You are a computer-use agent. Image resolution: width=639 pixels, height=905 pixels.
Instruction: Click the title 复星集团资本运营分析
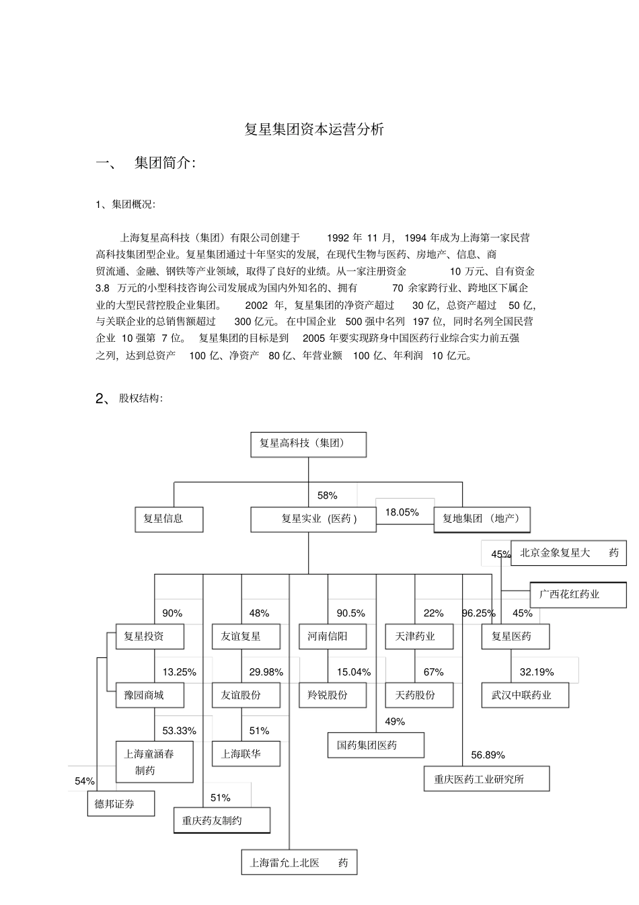(314, 129)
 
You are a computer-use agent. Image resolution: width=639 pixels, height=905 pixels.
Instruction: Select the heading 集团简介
(165, 163)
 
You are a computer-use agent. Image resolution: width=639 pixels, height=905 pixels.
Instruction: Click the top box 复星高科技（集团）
(308, 444)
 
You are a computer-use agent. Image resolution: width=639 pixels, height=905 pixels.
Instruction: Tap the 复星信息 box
(169, 519)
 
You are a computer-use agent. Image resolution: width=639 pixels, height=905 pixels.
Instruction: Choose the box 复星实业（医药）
(313, 519)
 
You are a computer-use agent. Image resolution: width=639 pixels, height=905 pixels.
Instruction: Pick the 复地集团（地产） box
(482, 519)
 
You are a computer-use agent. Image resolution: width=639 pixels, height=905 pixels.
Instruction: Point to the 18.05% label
(402, 512)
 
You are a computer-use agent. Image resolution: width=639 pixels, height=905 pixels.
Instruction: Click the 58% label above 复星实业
(327, 495)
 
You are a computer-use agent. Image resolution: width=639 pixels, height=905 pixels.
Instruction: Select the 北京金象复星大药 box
(568, 552)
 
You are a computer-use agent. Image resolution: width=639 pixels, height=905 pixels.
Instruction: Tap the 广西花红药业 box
(578, 595)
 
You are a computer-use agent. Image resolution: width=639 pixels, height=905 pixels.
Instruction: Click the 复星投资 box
(150, 636)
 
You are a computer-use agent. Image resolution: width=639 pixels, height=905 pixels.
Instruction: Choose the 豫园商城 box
(150, 695)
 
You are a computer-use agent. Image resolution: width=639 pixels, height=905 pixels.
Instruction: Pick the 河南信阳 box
(332, 636)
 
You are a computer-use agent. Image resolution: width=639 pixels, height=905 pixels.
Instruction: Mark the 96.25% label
(478, 613)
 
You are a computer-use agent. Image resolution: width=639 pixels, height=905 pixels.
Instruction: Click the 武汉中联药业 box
(525, 695)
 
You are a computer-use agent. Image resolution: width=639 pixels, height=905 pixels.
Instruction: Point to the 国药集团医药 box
(376, 745)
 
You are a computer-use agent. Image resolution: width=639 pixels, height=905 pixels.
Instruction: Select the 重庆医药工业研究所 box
(486, 779)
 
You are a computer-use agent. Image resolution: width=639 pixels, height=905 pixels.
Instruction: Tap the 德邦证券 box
(121, 804)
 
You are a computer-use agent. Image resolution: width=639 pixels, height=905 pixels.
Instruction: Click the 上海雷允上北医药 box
(299, 863)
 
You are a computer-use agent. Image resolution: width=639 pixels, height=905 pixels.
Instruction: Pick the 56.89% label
(488, 755)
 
